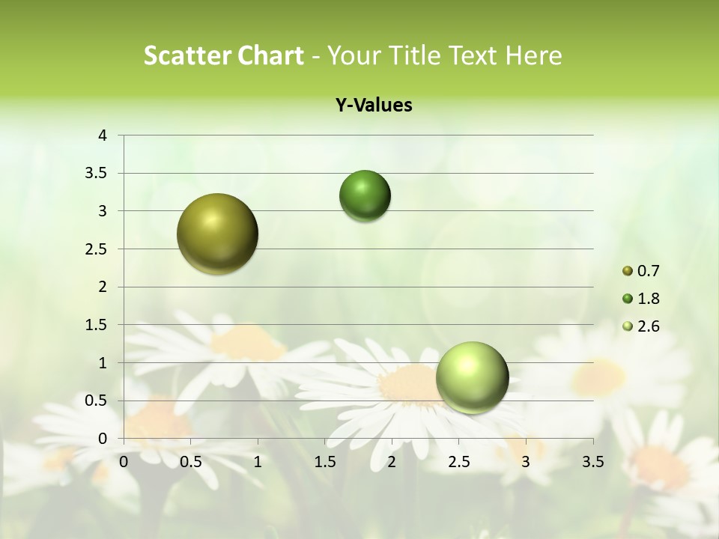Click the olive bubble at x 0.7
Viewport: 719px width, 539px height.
tap(217, 234)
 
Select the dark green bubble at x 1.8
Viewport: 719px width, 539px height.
tap(365, 196)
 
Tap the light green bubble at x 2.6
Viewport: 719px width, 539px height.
tap(472, 377)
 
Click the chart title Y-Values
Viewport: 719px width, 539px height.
tap(374, 106)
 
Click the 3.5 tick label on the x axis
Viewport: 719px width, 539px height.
tap(592, 462)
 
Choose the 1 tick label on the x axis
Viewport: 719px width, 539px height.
tap(258, 462)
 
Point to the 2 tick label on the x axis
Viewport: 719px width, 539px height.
tap(392, 462)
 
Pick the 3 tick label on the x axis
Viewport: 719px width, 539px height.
tap(526, 462)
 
